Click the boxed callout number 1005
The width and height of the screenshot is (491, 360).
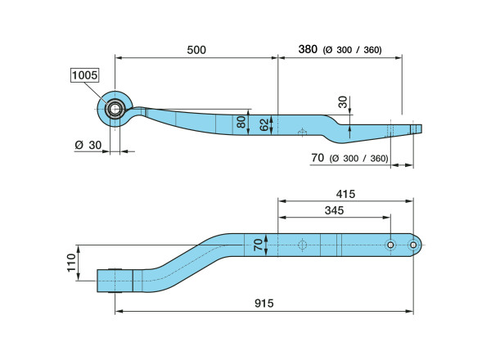click(84, 75)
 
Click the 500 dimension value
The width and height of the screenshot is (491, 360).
click(196, 50)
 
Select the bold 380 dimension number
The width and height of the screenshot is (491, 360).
click(308, 49)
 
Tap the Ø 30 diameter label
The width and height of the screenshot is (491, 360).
click(88, 145)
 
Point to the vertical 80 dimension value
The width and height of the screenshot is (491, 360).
click(241, 122)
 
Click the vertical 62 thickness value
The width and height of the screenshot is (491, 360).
click(264, 124)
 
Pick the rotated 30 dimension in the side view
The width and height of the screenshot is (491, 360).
click(343, 102)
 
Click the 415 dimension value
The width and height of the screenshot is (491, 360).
click(345, 194)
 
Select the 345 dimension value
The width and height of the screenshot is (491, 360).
click(334, 210)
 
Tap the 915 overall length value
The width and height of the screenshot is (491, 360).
click(264, 304)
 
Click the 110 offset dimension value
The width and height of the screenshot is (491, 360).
click(71, 263)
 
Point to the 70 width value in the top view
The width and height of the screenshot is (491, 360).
click(258, 245)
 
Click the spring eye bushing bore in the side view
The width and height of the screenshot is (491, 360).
click(115, 109)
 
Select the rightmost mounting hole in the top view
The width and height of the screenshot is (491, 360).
click(413, 245)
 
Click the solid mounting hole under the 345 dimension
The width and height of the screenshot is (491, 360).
click(390, 245)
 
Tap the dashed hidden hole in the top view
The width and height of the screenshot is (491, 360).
click(302, 245)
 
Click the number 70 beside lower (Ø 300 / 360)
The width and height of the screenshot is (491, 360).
click(318, 158)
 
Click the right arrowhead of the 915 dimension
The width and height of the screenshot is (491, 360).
click(410, 311)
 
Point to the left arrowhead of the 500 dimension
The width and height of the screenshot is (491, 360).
click(119, 57)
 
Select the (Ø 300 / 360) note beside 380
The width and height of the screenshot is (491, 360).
click(352, 50)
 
